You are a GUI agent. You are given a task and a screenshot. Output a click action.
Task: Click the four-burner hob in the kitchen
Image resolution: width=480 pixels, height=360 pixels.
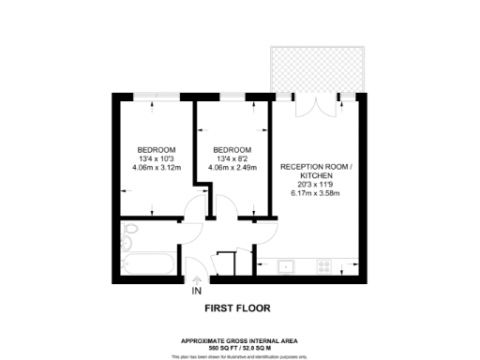[x=324, y=265]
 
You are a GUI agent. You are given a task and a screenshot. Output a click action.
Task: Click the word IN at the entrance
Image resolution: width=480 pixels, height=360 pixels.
[x=197, y=292]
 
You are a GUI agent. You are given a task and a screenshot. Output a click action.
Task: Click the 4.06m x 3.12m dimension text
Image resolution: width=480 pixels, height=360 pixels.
[x=157, y=168]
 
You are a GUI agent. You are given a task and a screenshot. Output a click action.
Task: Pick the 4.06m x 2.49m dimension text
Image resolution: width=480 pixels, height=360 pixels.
[x=232, y=168]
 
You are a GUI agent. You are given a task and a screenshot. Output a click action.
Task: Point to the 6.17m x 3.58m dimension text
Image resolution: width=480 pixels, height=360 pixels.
[x=315, y=193]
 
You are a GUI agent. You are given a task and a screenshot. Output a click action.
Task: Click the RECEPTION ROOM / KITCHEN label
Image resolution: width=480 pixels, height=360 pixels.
[x=315, y=171]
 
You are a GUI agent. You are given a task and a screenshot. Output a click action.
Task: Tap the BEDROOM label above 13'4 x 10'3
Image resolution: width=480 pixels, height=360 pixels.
[x=157, y=150]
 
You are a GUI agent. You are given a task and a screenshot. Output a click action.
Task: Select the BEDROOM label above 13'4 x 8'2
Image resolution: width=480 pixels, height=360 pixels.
[x=232, y=150]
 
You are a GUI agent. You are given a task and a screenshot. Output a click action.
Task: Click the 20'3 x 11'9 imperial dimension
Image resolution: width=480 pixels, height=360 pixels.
[x=315, y=185]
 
